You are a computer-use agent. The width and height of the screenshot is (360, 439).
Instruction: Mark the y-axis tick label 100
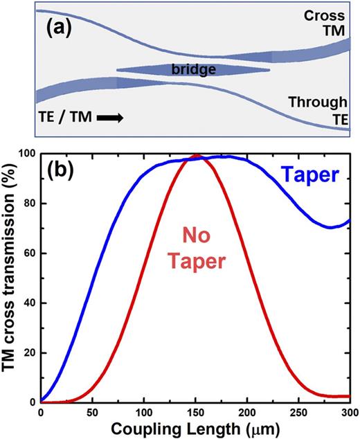(x=26, y=152)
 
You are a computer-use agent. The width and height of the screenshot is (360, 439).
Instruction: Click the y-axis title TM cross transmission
(x=10, y=277)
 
